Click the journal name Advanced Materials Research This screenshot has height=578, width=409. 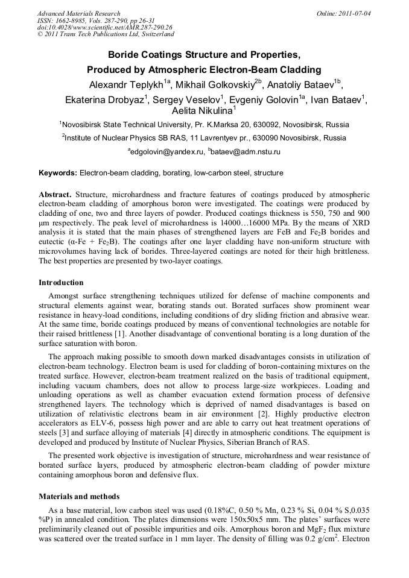[78, 13]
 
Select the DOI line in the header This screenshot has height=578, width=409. [104, 27]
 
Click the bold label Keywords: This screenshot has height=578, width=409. [58, 173]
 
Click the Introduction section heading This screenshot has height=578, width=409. [61, 283]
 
